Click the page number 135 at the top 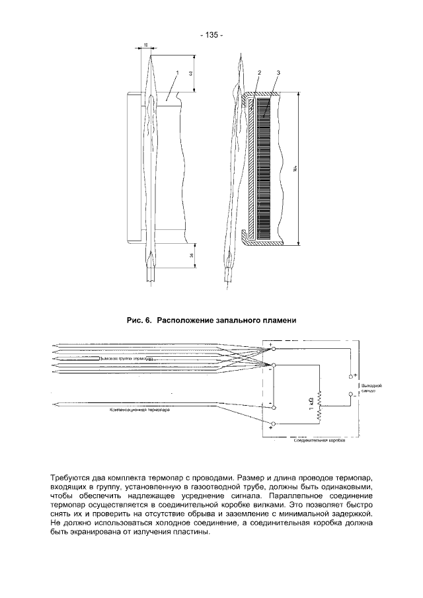pyautogui.click(x=211, y=35)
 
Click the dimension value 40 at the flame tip pyautogui.click(x=191, y=75)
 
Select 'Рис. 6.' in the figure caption pyautogui.click(x=139, y=320)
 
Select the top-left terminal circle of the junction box pyautogui.click(x=274, y=348)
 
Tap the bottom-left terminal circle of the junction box pyautogui.click(x=274, y=423)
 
